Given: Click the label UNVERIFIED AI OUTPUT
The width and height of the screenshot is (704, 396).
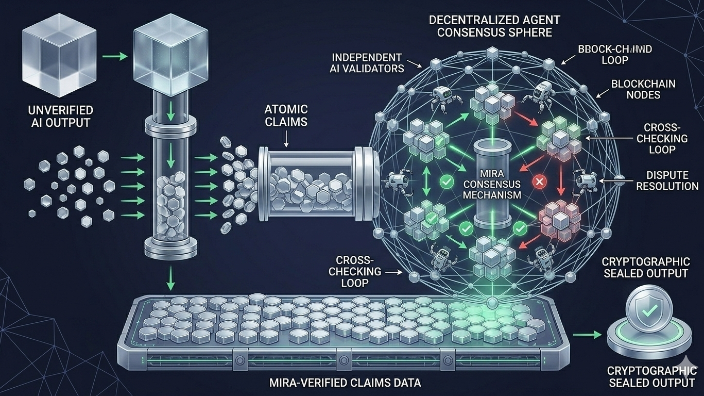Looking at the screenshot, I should pyautogui.click(x=61, y=116).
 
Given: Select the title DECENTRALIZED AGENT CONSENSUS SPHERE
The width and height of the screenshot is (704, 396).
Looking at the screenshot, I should pyautogui.click(x=490, y=26).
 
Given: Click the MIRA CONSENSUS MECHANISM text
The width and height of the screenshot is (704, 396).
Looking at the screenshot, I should pyautogui.click(x=491, y=184).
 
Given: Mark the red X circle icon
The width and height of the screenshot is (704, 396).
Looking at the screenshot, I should pyautogui.click(x=540, y=181).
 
